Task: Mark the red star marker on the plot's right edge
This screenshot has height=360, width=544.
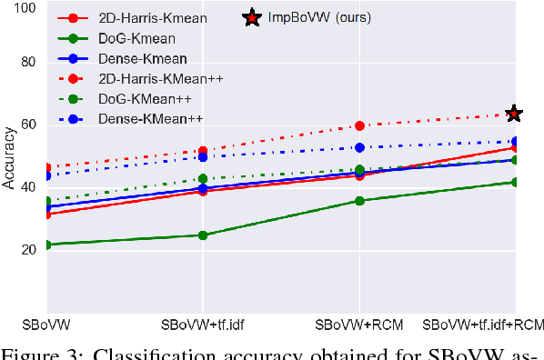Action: click(514, 114)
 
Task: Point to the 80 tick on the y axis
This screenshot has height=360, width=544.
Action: click(26, 64)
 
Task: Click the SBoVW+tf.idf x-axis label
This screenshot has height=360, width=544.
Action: click(202, 324)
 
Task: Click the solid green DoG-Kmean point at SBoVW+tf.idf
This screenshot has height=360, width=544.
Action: click(203, 235)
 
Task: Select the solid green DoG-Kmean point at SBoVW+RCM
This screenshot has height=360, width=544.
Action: click(359, 201)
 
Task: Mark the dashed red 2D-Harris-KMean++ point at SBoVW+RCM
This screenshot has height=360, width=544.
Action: click(359, 125)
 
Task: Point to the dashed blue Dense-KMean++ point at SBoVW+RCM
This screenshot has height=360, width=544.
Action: click(359, 147)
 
